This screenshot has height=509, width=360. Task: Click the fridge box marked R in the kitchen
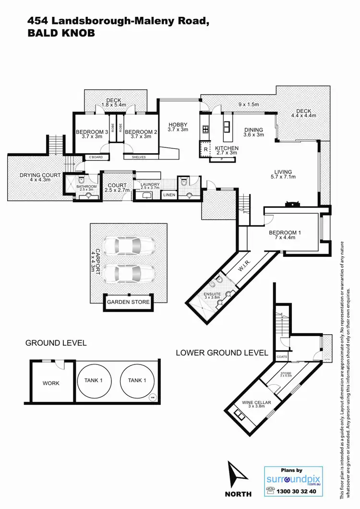[x=205, y=149]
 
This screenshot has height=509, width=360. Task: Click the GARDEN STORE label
[x=128, y=302]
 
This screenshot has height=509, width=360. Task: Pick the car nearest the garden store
[x=128, y=274]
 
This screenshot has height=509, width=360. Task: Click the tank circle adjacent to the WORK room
[x=94, y=380]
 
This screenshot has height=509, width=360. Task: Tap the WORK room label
[x=50, y=383]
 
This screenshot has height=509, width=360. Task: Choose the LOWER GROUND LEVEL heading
[x=222, y=352]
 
